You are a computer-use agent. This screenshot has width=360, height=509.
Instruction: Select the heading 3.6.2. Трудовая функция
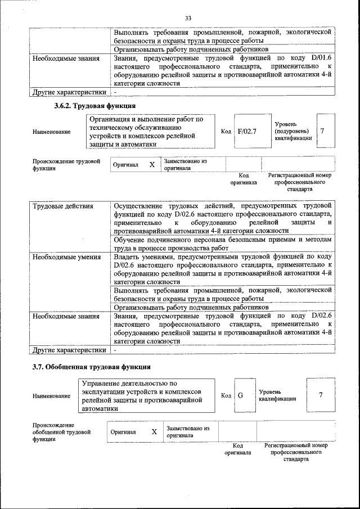coord(94,106)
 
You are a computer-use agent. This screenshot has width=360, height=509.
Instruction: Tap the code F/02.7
coord(246,131)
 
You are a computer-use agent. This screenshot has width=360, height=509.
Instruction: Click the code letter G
coord(240,395)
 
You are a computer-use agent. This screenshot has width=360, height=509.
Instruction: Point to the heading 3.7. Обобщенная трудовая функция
coord(91,367)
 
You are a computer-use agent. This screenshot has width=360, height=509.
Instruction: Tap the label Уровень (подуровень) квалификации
coord(292,131)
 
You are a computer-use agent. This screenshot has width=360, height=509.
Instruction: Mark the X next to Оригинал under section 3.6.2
coord(151,164)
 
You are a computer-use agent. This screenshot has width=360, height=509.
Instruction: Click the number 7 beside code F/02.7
coord(322,130)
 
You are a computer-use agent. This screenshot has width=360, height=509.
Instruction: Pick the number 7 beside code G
coord(321,394)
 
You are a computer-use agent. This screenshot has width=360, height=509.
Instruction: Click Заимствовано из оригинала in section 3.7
coord(188,432)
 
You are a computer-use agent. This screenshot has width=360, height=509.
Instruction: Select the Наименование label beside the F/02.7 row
coord(52,132)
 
